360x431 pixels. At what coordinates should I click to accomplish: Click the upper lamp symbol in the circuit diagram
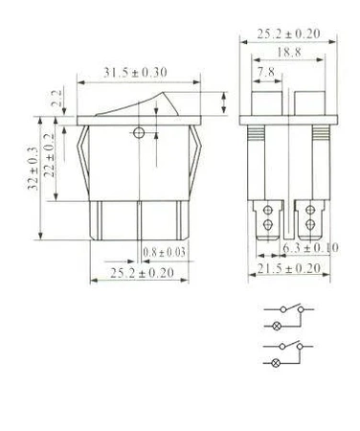279,328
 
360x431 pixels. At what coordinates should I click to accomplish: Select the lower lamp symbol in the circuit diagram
279,364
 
